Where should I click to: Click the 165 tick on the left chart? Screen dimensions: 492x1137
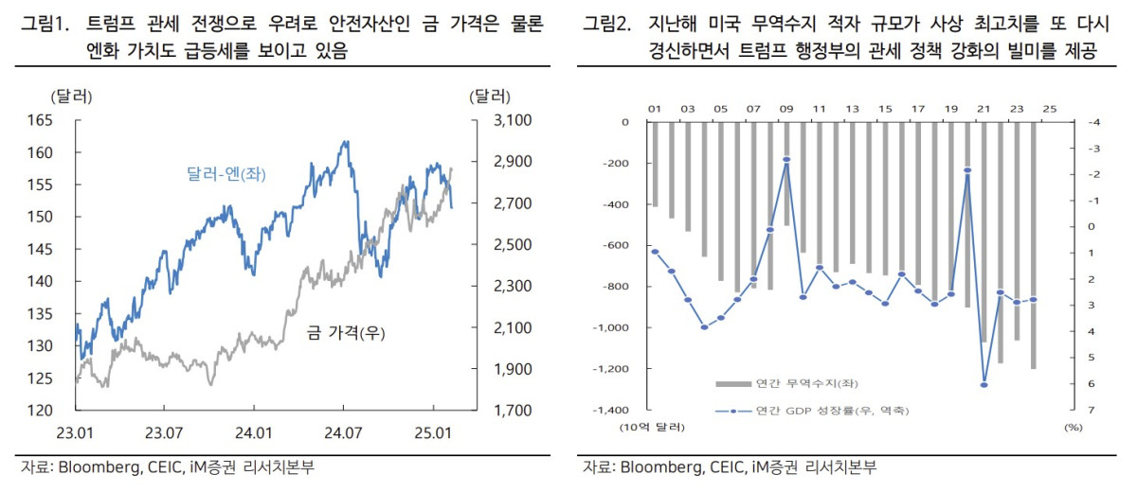[41, 120]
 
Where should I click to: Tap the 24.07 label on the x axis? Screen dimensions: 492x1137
[343, 433]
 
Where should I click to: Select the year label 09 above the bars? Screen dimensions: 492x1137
[785, 109]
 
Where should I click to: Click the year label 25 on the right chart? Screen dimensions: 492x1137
[1049, 109]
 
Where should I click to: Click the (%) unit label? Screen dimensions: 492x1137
[1073, 428]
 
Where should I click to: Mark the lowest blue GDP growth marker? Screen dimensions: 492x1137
[984, 384]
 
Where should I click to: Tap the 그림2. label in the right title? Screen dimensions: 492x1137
[607, 25]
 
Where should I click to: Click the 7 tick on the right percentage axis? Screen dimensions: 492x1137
[1067, 411]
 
